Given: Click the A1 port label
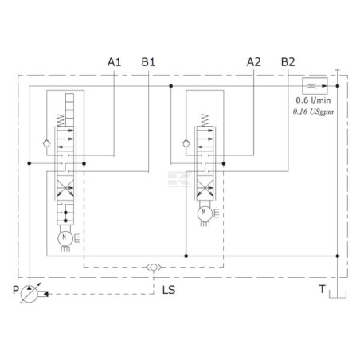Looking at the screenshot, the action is pyautogui.click(x=114, y=62).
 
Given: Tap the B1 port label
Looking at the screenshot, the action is pyautogui.click(x=148, y=62).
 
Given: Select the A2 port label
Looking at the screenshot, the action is pyautogui.click(x=254, y=62).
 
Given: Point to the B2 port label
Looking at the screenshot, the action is pyautogui.click(x=288, y=62).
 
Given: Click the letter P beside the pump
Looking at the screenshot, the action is pyautogui.click(x=16, y=290).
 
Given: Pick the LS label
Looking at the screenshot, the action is pyautogui.click(x=169, y=290).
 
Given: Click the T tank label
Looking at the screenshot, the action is pyautogui.click(x=322, y=289).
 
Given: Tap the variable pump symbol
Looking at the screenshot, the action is pyautogui.click(x=29, y=294).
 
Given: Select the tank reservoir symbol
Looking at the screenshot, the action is pyautogui.click(x=338, y=294).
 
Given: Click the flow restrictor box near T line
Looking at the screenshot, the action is pyautogui.click(x=315, y=86).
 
